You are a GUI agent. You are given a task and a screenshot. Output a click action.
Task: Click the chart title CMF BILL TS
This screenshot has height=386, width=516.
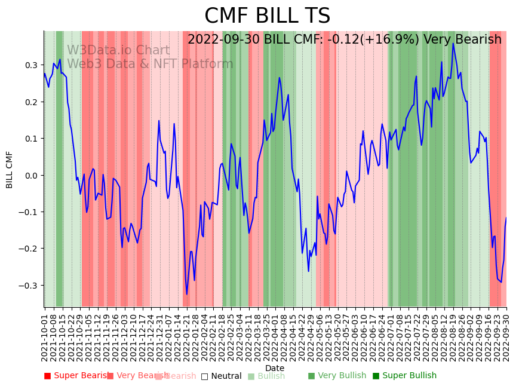[267, 16]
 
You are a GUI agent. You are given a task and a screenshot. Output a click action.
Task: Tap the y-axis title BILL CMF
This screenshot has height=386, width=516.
[10, 170]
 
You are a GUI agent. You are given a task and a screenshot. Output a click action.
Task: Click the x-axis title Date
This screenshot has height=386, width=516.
[275, 368]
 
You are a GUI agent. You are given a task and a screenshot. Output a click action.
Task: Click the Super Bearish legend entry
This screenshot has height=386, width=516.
[74, 376]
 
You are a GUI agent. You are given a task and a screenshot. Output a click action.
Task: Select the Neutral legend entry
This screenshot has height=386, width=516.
[221, 376]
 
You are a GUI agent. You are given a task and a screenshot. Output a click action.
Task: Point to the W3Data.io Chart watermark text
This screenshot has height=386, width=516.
[118, 51]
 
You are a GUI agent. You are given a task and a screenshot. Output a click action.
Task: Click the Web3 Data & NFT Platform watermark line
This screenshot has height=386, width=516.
[150, 64]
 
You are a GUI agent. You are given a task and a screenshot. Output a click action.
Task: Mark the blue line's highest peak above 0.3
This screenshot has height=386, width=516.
[453, 44]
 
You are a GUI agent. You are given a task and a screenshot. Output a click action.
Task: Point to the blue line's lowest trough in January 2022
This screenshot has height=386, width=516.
[186, 294]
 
